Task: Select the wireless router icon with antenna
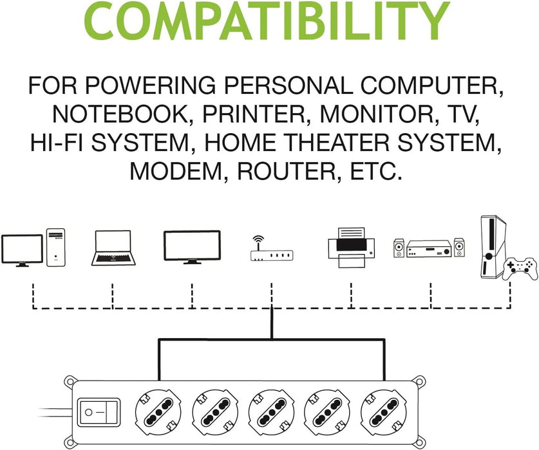click(271, 251)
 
